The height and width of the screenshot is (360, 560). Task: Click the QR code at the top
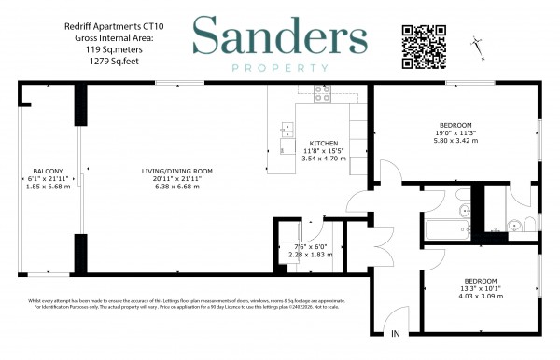420,42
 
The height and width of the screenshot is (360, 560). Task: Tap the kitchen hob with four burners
323,93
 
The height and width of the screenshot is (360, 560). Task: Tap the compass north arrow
479,42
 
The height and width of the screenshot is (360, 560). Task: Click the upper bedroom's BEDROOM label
456,125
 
